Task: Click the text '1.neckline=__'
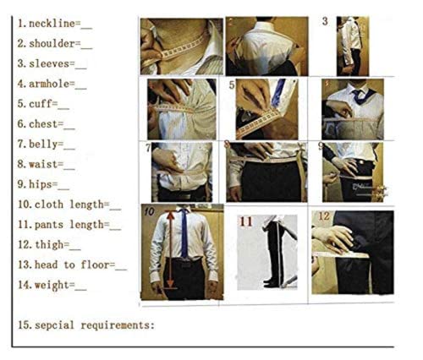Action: (x=55, y=23)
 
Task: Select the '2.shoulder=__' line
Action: (x=55, y=43)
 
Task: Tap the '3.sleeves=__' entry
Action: (x=52, y=63)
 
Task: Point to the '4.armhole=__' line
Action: (x=52, y=84)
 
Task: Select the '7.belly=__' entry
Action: (x=47, y=145)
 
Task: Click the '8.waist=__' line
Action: (x=47, y=165)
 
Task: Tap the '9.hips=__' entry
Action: (x=44, y=184)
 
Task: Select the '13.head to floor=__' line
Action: (x=72, y=265)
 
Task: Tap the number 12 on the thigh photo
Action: (x=324, y=216)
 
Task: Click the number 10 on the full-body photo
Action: (x=149, y=212)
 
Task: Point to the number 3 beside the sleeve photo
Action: (x=325, y=21)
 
